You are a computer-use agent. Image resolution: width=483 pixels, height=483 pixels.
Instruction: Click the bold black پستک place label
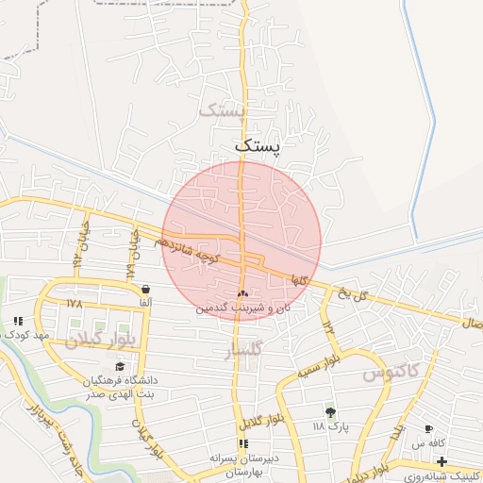tap(258, 145)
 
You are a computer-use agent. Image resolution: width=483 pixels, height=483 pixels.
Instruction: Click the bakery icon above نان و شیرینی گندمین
tap(243, 294)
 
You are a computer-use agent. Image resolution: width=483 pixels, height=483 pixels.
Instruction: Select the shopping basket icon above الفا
tap(145, 289)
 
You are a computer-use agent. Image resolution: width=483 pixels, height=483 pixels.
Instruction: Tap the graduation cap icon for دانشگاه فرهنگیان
tap(119, 366)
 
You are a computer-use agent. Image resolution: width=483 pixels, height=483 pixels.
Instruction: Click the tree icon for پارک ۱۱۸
tap(330, 412)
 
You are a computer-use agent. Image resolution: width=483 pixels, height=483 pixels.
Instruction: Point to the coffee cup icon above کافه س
tap(428, 427)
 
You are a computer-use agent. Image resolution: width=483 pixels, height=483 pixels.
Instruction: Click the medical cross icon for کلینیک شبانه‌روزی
tap(442, 462)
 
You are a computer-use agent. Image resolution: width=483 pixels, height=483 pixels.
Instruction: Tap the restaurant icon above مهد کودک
tap(19, 322)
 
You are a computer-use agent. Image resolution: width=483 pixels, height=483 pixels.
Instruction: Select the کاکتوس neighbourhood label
tap(389, 373)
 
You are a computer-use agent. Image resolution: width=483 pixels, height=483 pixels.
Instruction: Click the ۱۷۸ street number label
tap(75, 304)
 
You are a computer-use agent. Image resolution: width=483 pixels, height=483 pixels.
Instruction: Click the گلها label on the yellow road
tap(299, 279)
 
